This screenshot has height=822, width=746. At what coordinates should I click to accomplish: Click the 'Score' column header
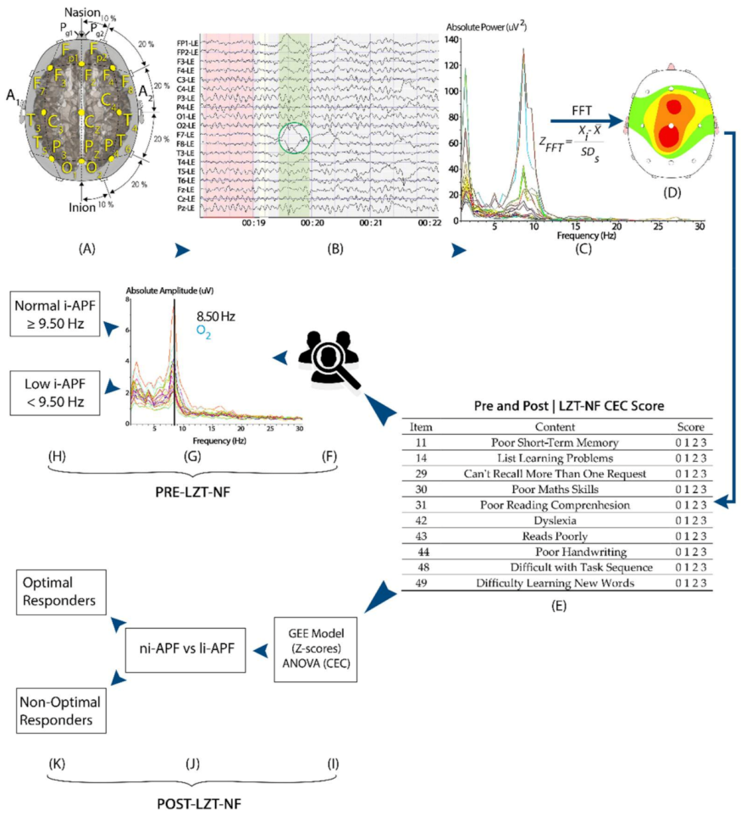pyautogui.click(x=692, y=426)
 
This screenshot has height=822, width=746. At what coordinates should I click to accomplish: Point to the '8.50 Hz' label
pyautogui.click(x=217, y=316)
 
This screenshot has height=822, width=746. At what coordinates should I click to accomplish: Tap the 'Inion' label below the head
pyautogui.click(x=81, y=206)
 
